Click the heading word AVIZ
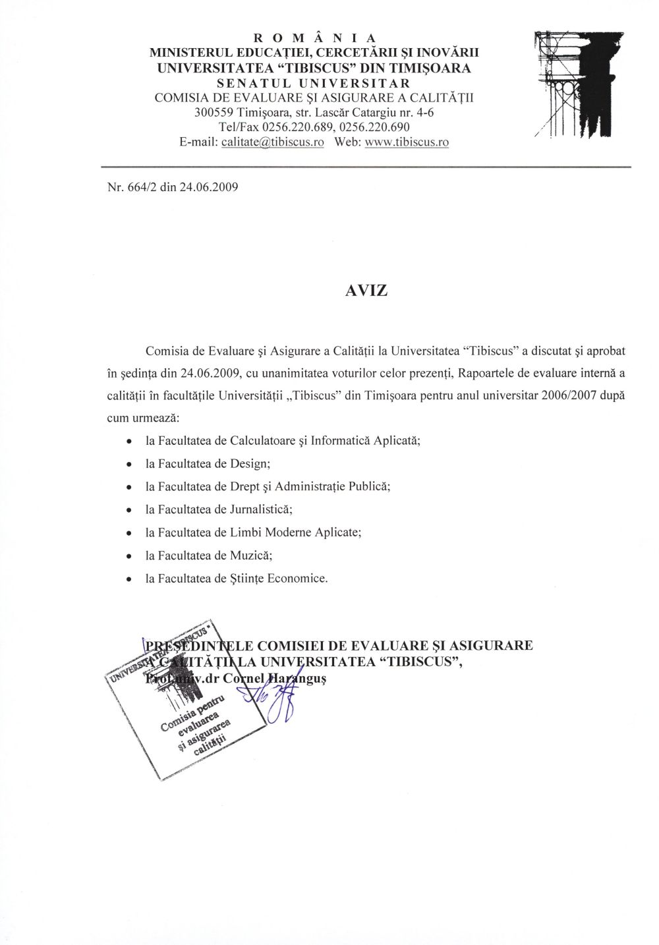(366, 291)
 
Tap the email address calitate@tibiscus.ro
(272, 142)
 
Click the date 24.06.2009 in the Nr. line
(208, 186)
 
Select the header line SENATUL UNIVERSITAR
(314, 83)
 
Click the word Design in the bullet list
(250, 463)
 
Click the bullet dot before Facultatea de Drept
(129, 487)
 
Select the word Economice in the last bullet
(297, 579)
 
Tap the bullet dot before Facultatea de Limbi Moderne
(129, 533)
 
